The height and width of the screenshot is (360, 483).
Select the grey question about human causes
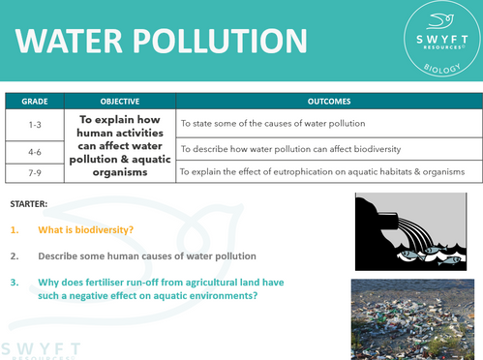coord(147,256)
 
